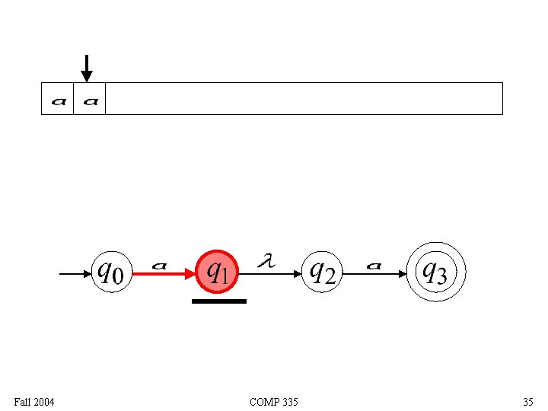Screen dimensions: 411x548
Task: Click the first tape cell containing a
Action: pos(58,99)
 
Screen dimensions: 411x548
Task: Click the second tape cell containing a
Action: pos(90,99)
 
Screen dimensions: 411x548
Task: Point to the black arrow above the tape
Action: pos(87,68)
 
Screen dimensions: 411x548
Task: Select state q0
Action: pos(111,272)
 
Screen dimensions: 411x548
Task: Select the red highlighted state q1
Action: pos(218,272)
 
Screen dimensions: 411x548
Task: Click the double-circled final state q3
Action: pos(435,272)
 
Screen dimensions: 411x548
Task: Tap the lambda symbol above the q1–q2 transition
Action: pos(266,261)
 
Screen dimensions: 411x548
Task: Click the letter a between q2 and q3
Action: pos(374,265)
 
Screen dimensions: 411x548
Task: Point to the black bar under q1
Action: pos(219,301)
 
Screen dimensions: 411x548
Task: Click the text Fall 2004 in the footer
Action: pos(34,402)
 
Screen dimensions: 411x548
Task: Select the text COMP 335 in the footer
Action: pos(274,402)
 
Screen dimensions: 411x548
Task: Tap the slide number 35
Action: pos(528,402)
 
